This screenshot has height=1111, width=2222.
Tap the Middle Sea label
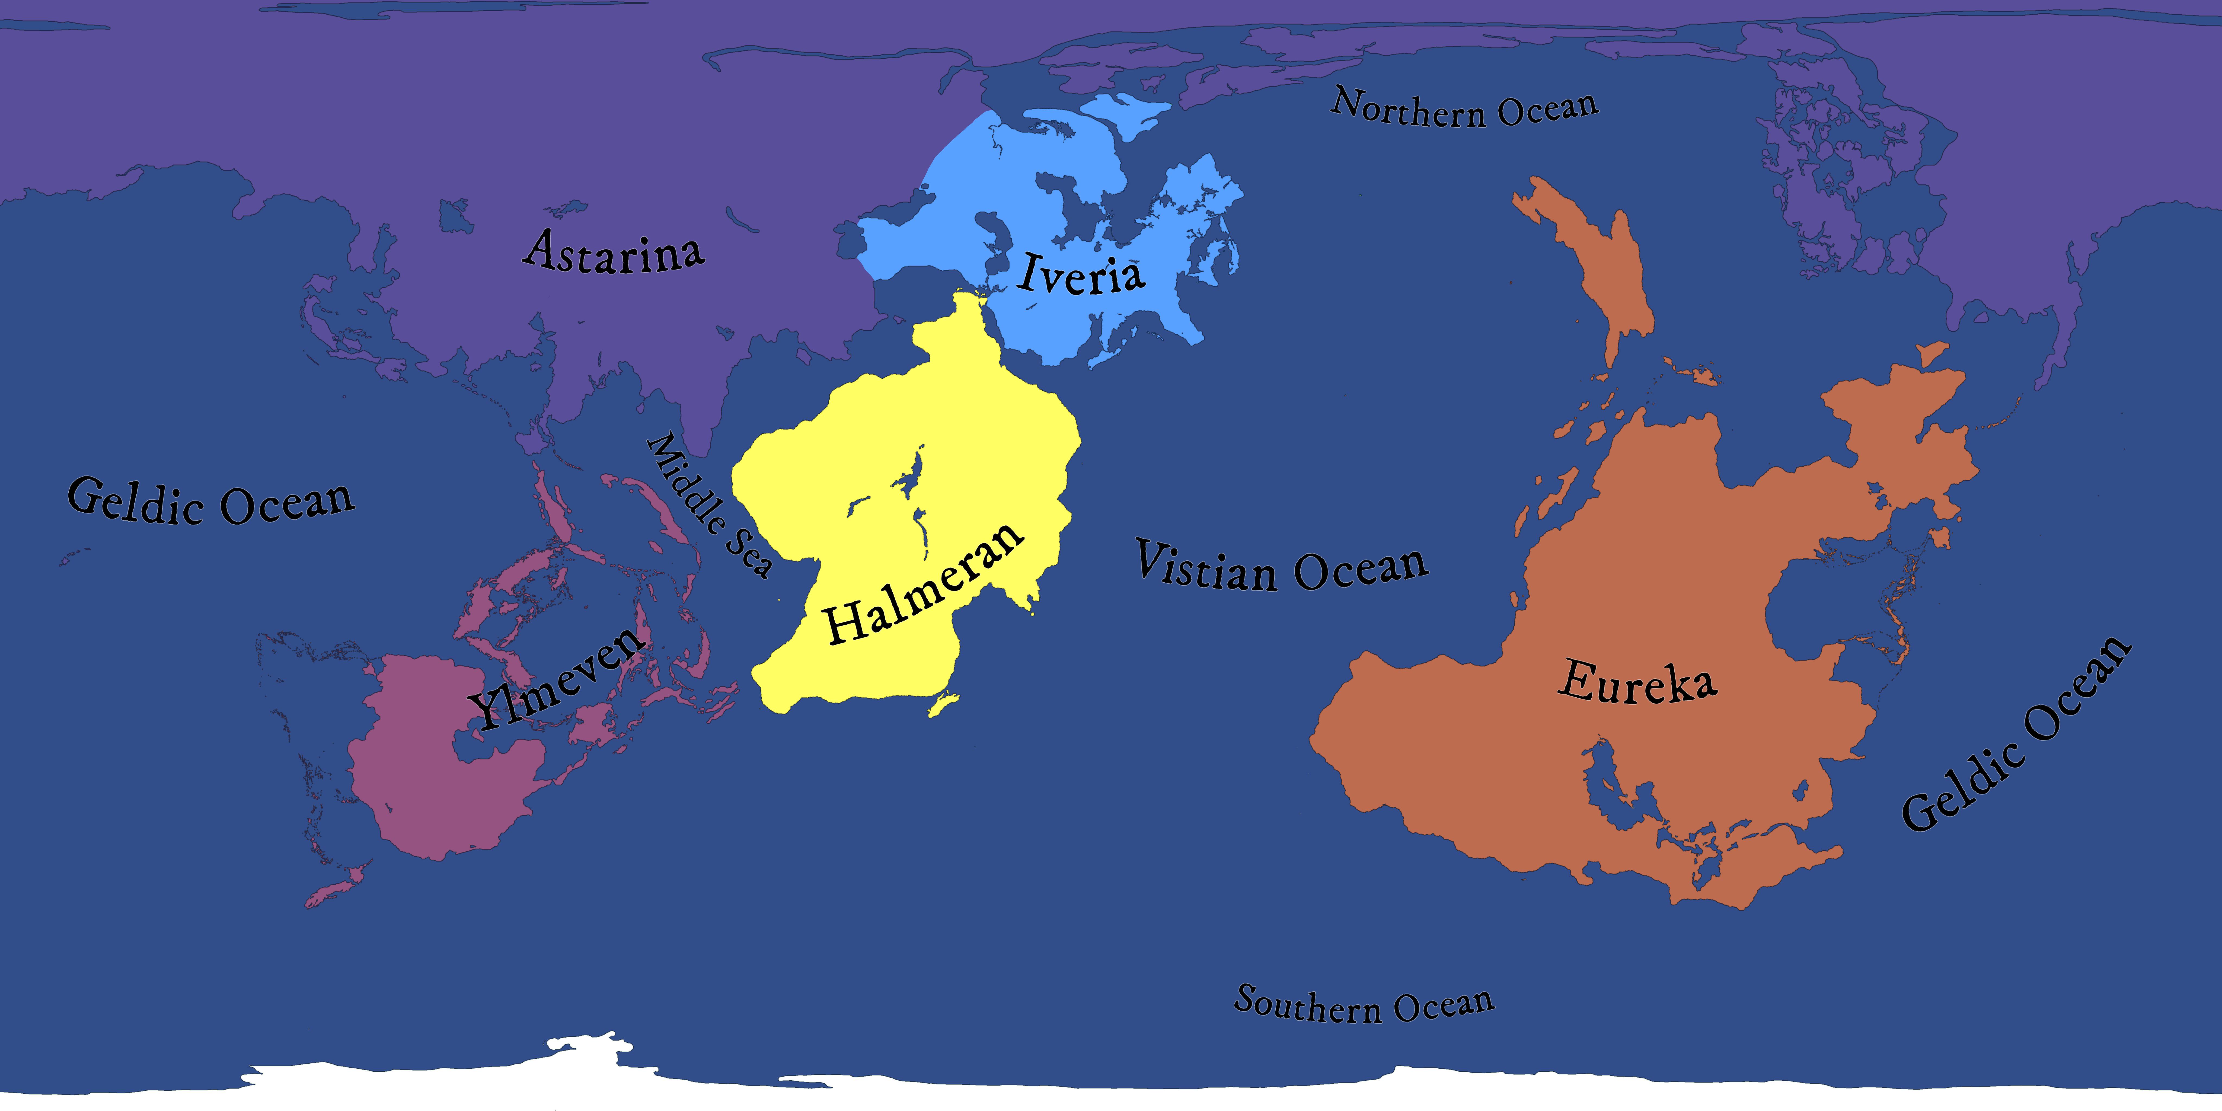[x=709, y=505]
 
